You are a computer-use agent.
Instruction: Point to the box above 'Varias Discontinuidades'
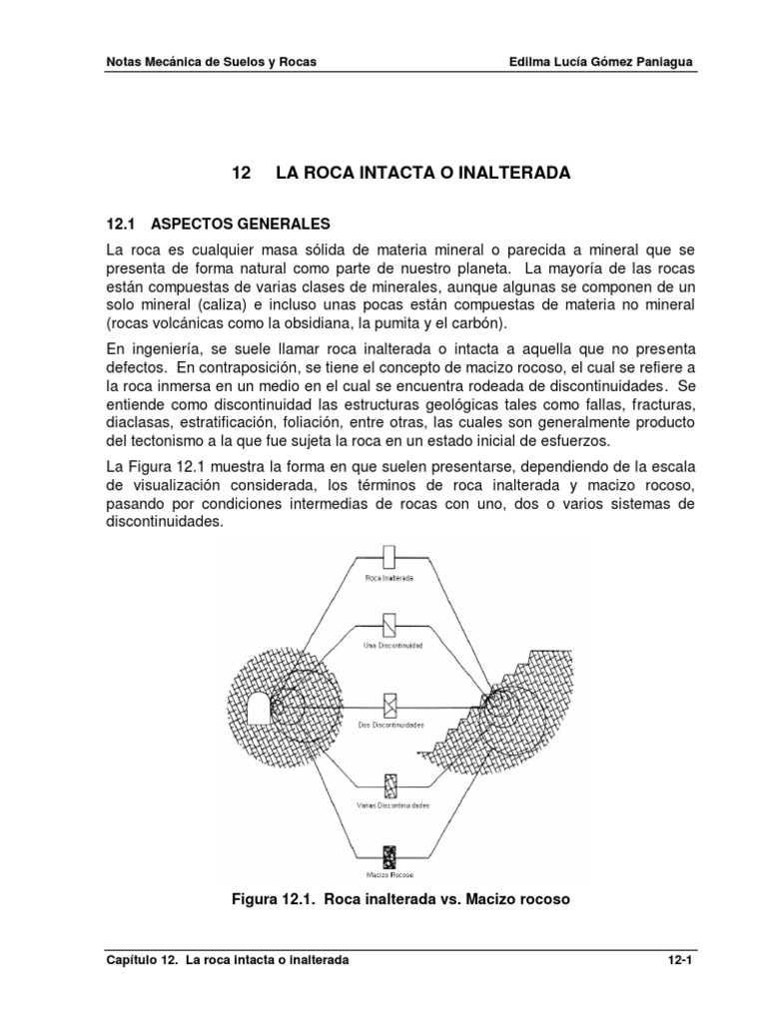390,782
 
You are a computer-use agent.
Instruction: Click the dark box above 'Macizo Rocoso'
390,857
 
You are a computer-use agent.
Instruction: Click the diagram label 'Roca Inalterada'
390,578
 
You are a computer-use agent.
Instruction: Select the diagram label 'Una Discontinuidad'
390,646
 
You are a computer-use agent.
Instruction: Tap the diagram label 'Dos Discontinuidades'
390,725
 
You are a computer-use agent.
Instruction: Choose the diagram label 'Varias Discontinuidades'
390,803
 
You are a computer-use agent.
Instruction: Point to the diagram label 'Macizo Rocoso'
390,876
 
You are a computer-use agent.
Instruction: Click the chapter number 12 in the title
239,173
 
